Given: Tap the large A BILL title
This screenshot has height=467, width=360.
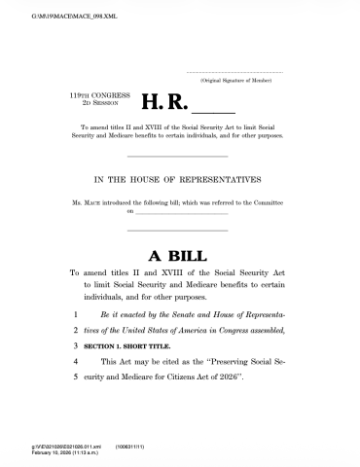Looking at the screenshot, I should pyautogui.click(x=179, y=256).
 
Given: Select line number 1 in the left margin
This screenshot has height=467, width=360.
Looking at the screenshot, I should pyautogui.click(x=75, y=317).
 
